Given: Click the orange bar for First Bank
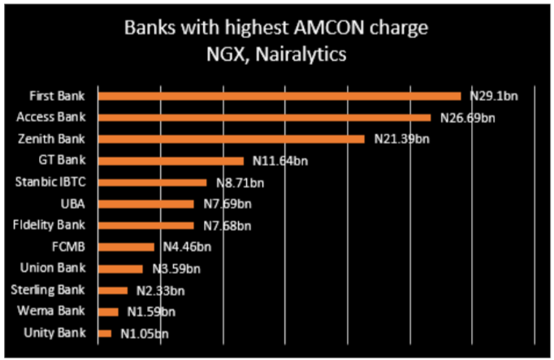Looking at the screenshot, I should pyautogui.click(x=279, y=96).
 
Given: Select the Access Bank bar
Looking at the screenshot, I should pyautogui.click(x=264, y=118).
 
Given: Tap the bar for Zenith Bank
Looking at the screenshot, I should pyautogui.click(x=231, y=139).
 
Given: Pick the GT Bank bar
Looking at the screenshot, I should pyautogui.click(x=171, y=161).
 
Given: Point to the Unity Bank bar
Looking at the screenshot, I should pyautogui.click(x=104, y=333).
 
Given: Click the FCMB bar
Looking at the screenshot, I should pyautogui.click(x=126, y=246).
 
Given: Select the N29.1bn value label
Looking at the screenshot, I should pyautogui.click(x=494, y=97).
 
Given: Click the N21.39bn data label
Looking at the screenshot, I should pyautogui.click(x=401, y=140).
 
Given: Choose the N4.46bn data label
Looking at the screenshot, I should pyautogui.click(x=184, y=247).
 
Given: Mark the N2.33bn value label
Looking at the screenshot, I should pyautogui.click(x=160, y=290).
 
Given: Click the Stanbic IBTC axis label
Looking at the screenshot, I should pyautogui.click(x=50, y=181).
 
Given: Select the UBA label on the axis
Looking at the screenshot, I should pyautogui.click(x=72, y=203).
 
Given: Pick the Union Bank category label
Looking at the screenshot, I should pyautogui.click(x=57, y=267).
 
